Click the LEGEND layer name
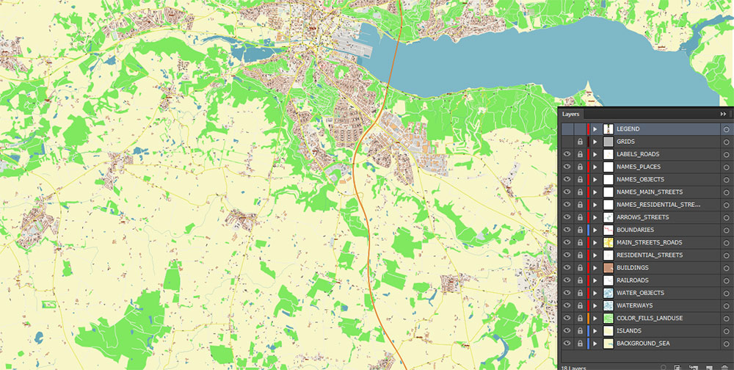point(628,129)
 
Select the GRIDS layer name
point(625,142)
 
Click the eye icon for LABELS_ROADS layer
point(567,154)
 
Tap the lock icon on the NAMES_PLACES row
point(580,167)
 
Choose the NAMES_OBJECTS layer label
point(640,179)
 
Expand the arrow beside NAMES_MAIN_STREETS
point(595,192)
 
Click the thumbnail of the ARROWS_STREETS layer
point(608,217)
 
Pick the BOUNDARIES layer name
point(634,230)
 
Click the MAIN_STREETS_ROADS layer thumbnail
point(608,242)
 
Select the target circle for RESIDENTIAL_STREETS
point(725,255)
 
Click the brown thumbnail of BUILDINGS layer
point(608,268)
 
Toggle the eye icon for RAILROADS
point(567,280)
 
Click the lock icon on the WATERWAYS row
point(580,305)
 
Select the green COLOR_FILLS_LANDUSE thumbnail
point(608,318)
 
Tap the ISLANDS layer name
point(628,330)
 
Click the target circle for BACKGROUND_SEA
point(725,344)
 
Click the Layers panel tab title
point(571,115)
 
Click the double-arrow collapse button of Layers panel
point(723,115)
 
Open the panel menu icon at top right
point(731,115)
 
